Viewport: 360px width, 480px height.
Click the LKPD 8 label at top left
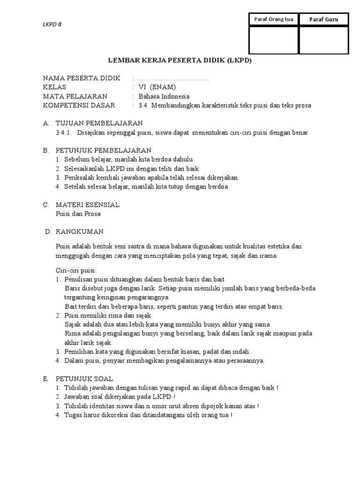tap(52, 26)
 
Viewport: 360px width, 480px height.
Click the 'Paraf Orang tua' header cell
tap(273, 19)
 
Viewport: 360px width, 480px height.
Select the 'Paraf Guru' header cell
tap(323, 19)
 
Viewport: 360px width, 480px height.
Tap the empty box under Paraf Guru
tap(323, 40)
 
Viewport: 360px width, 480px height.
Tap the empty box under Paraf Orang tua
tap(273, 40)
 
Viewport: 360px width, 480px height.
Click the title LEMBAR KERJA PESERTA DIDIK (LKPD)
tap(180, 61)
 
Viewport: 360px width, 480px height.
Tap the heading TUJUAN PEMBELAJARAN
tap(99, 123)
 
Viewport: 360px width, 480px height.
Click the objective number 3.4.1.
tap(63, 133)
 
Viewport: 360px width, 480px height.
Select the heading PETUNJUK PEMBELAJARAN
tap(103, 150)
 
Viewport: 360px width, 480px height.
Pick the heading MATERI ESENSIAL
tap(88, 205)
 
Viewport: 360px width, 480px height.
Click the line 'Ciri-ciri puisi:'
tap(76, 270)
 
